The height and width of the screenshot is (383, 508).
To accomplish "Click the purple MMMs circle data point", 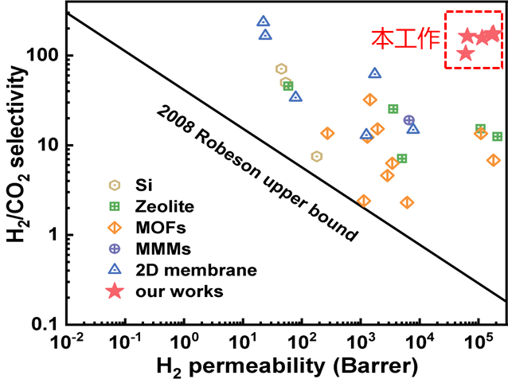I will coord(409,120).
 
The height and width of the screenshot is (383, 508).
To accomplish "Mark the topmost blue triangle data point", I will coord(263,21).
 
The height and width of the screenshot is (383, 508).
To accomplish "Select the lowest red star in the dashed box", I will coord(466,53).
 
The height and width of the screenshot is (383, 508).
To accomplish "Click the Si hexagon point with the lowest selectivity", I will coord(317,156).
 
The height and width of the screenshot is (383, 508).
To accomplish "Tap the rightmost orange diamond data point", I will coord(494,160).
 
